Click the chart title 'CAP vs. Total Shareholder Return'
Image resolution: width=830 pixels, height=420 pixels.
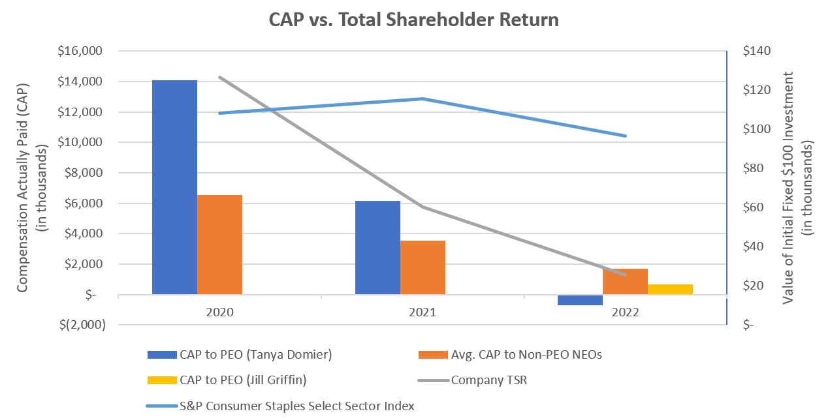(x=415, y=20)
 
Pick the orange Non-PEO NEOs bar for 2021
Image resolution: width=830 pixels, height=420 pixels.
(x=423, y=267)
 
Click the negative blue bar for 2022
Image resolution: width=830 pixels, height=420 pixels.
(x=580, y=300)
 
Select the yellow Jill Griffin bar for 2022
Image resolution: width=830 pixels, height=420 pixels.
(x=670, y=289)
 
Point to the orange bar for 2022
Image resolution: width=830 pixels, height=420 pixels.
(x=625, y=281)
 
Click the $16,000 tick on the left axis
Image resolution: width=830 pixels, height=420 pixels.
(x=78, y=51)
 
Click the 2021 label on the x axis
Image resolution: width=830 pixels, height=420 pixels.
(x=423, y=312)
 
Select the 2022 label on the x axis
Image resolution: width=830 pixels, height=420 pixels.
(x=625, y=312)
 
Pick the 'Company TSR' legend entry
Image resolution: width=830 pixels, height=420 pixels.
(x=489, y=380)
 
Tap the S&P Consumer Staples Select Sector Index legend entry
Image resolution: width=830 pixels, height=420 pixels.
(x=296, y=406)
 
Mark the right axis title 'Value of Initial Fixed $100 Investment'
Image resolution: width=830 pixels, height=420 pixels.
(x=788, y=187)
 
